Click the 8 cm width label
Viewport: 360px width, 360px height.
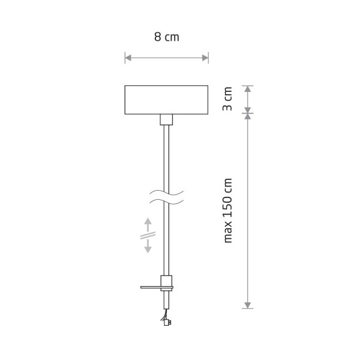click(167, 37)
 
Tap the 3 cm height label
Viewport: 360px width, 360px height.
click(227, 100)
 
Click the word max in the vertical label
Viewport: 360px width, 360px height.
click(227, 232)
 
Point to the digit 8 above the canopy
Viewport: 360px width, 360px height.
click(157, 37)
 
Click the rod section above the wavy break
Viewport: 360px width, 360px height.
click(166, 156)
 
